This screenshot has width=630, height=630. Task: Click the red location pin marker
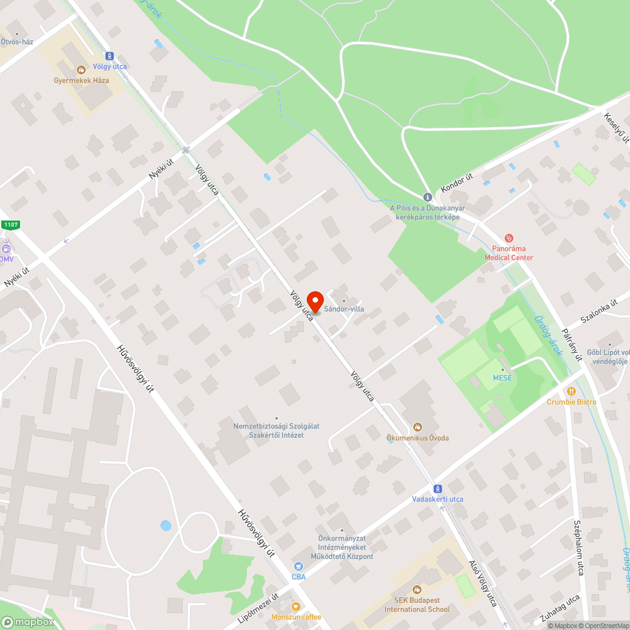[314, 301]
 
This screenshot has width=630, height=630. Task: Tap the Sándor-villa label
[344, 309]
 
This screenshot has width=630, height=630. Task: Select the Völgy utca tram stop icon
[110, 56]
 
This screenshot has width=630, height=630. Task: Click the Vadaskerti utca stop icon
[437, 489]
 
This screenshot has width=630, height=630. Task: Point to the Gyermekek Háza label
[81, 81]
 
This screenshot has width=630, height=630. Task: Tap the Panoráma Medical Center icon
[508, 238]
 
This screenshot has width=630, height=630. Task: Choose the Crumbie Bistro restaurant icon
[571, 391]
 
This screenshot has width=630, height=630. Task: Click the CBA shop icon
[299, 566]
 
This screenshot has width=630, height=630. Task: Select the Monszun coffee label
[296, 617]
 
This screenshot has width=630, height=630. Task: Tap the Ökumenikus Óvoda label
[417, 437]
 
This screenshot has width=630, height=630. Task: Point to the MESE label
[502, 378]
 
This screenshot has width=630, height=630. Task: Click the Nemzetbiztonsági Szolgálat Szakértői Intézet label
[277, 430]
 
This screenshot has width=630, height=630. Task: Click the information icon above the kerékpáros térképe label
[427, 197]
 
